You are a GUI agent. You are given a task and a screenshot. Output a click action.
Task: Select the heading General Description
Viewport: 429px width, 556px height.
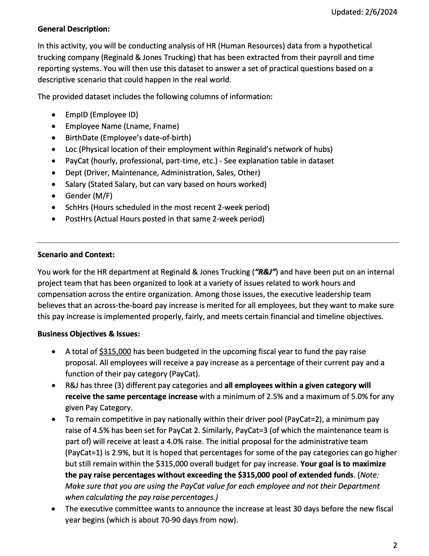[x=73, y=29]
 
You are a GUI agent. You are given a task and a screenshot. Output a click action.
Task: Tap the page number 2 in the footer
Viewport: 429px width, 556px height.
[x=395, y=545]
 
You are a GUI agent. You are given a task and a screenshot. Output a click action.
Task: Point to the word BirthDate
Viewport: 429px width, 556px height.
[x=81, y=138]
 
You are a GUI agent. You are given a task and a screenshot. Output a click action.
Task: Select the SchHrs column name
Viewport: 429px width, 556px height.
[x=77, y=207]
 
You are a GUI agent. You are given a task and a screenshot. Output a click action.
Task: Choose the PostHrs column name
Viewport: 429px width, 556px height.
[x=78, y=219]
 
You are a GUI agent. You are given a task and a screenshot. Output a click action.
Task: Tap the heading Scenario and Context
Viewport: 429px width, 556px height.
[x=76, y=255]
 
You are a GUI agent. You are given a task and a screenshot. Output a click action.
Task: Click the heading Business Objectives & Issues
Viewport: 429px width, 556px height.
[x=88, y=334]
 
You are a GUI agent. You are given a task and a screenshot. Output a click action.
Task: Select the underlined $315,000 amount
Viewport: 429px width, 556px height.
[x=115, y=351]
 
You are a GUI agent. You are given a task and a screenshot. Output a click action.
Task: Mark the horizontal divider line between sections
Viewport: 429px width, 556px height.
[x=217, y=242]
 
